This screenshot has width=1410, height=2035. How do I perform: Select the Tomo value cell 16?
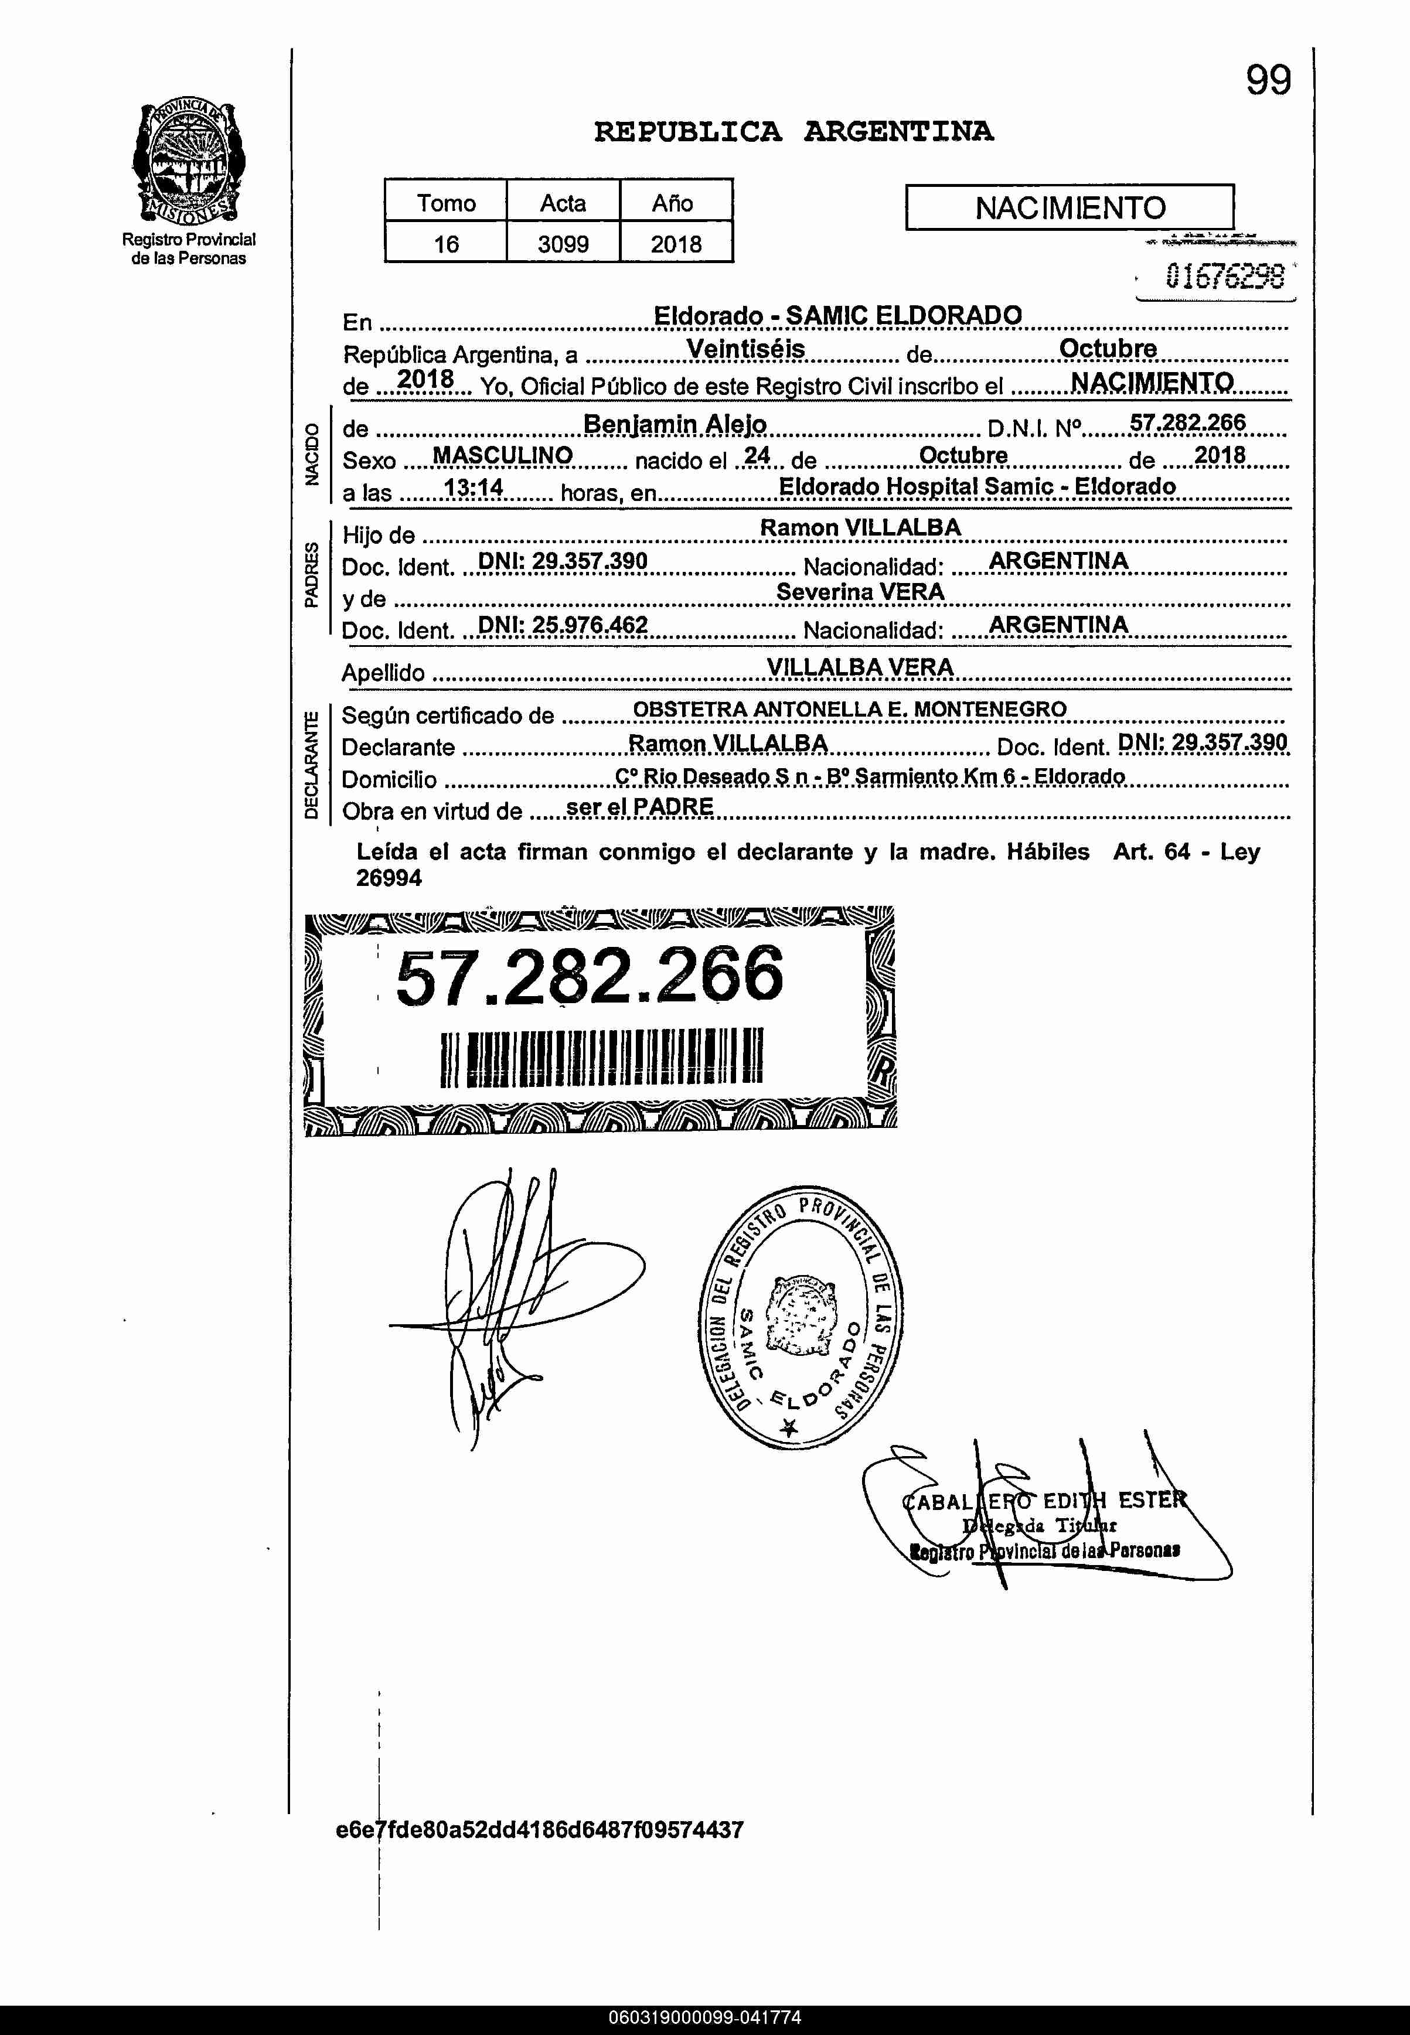445,243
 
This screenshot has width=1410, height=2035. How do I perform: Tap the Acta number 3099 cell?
563,243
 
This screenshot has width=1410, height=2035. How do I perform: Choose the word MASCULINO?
502,456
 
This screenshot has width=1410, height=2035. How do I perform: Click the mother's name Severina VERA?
860,592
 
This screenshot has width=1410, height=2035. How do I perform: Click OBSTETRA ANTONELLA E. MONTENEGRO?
849,708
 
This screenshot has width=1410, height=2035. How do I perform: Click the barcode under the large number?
601,1056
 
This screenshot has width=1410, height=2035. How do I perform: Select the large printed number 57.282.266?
590,976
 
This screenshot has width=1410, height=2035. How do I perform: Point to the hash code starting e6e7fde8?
540,1829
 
